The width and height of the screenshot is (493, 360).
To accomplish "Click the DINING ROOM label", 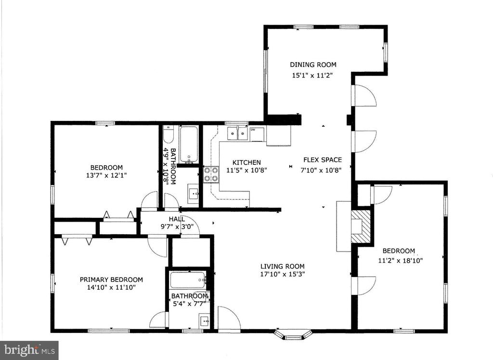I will coord(312,65).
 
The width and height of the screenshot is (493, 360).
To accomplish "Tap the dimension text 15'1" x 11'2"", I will coord(312,75).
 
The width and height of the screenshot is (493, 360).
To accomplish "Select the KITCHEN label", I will coord(246,162).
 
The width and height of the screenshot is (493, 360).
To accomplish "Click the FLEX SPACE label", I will coord(322,160).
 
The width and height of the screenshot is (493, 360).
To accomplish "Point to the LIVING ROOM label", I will coord(282,266).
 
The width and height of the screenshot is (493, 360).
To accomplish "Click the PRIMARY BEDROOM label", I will coord(111,280).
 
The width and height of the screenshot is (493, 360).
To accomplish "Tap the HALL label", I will coord(176,219).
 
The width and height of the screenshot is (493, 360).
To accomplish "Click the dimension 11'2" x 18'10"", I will coord(399,260).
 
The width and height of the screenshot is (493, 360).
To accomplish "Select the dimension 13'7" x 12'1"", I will coord(106,176).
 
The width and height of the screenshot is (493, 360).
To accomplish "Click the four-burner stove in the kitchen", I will coord(210,174).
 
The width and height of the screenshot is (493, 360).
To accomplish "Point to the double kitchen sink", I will coord(237,133).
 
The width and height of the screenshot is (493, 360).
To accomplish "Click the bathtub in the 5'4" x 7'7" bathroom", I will coord(188,280).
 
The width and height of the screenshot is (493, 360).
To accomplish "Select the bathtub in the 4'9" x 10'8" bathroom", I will coord(188,144).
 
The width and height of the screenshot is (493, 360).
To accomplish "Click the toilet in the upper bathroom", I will coord(168,135).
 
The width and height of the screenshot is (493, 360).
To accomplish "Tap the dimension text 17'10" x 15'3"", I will coord(282,274).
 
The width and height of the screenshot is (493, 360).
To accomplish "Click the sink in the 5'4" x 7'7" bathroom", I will coord(204,320).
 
